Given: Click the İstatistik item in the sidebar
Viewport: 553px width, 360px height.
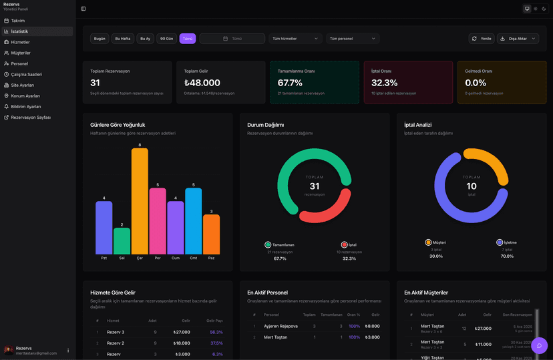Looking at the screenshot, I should [x=19, y=31].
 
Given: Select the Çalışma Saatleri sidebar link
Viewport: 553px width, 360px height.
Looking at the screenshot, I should [x=26, y=74].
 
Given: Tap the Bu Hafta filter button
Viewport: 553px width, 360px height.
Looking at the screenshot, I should [x=123, y=39].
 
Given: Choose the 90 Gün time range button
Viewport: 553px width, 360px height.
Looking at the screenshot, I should [x=166, y=39].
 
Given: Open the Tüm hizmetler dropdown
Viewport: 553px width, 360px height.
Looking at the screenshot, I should [x=296, y=39].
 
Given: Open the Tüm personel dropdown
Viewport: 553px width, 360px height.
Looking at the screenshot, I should [x=353, y=39].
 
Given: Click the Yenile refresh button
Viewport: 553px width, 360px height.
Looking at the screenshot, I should [x=482, y=39].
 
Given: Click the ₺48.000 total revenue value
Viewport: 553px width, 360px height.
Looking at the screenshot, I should [x=202, y=83].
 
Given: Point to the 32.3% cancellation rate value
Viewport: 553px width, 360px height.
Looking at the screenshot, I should [x=385, y=83].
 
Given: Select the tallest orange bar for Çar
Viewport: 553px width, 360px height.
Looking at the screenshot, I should [x=140, y=200].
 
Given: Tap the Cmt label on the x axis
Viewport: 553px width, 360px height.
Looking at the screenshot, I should [x=194, y=258].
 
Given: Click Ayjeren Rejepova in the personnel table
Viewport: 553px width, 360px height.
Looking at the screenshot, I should [x=280, y=326].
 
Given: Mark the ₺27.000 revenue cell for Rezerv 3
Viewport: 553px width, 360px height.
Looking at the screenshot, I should [x=182, y=332].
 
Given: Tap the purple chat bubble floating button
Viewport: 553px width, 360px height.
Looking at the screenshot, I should [x=539, y=345].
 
